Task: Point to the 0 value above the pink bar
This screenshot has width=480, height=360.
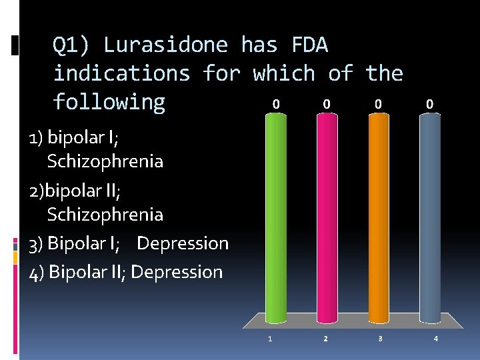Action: coord(326,104)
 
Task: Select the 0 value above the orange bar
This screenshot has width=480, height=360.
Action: coord(378,104)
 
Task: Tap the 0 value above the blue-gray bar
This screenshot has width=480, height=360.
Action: coord(430,104)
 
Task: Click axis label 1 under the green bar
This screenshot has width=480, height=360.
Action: coord(270,339)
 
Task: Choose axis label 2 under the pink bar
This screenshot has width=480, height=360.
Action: coord(325,339)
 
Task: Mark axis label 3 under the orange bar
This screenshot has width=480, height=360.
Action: coord(380,339)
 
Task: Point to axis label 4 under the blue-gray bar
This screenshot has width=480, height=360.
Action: coord(435,339)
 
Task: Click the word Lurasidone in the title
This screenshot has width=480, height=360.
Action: coord(165,45)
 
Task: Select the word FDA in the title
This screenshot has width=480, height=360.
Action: coord(310,45)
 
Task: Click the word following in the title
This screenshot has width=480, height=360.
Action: coord(109,102)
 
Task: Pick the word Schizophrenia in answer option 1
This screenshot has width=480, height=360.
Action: coord(105,161)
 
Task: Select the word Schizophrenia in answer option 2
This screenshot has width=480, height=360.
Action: coord(105,214)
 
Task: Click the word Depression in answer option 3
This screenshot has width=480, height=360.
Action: coord(183,243)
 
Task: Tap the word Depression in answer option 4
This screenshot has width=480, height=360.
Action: coord(177,272)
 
